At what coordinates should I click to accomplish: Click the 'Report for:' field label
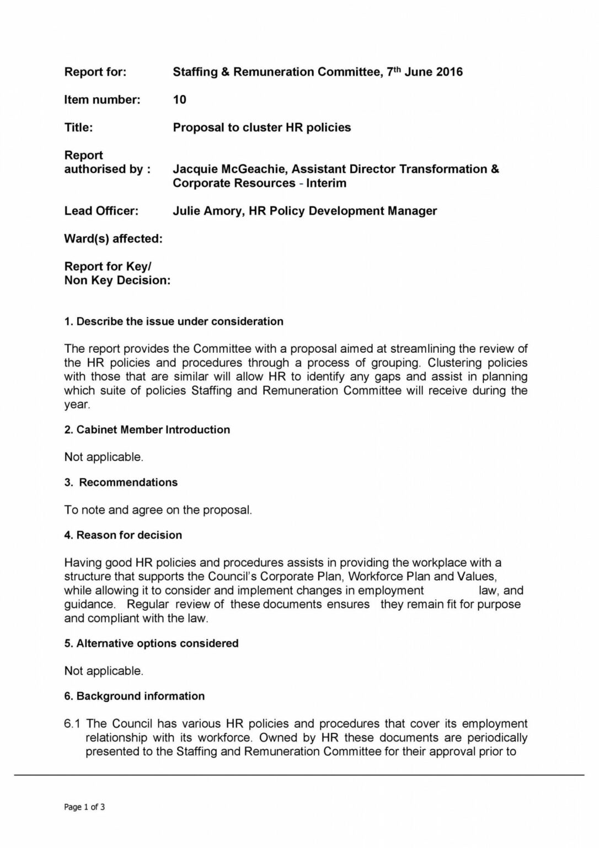[95, 72]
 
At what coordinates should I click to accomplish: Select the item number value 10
[179, 100]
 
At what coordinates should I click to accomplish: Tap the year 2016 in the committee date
[449, 72]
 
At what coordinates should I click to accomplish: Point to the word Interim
[327, 183]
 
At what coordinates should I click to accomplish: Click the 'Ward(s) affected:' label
[113, 239]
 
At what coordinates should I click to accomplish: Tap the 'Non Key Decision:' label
[117, 280]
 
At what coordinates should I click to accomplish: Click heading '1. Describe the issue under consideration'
[174, 321]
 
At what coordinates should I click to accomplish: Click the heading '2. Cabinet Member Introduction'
[147, 430]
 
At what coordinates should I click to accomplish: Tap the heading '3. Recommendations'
[121, 483]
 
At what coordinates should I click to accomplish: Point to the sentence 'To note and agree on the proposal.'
[158, 510]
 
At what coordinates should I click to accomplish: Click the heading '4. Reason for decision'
[123, 535]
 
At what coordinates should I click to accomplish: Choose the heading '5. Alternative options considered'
[151, 643]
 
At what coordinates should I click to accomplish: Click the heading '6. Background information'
[134, 696]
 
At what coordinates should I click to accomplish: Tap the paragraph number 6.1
[72, 724]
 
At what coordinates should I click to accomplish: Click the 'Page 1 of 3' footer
[84, 807]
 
